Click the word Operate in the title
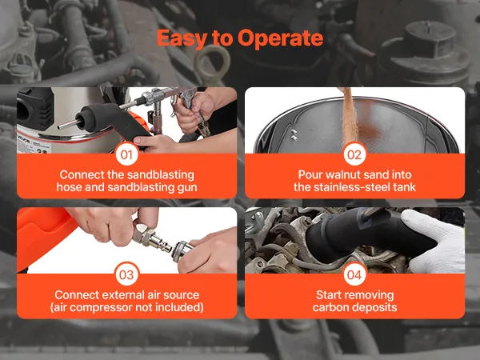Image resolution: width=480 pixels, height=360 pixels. pyautogui.click(x=280, y=39)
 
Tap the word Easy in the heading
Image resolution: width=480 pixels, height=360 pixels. pyautogui.click(x=182, y=38)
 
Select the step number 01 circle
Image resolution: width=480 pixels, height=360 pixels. pyautogui.click(x=126, y=154)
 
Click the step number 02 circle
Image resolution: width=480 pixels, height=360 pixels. pyautogui.click(x=354, y=154)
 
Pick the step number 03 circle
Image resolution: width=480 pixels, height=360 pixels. pyautogui.click(x=126, y=274)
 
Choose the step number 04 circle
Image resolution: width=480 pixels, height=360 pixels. pyautogui.click(x=354, y=274)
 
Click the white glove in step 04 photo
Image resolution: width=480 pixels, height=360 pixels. pyautogui.click(x=438, y=241)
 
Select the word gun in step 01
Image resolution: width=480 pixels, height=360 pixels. pyautogui.click(x=187, y=188)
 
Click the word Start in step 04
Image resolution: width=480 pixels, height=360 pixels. pyautogui.click(x=329, y=294)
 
